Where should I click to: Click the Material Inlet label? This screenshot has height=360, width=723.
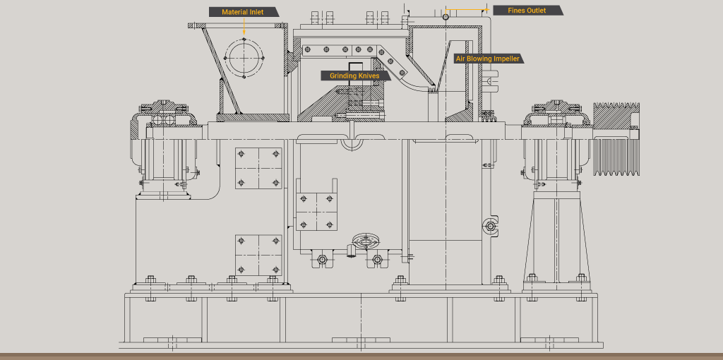[243, 12]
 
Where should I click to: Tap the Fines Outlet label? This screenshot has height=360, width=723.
[527, 11]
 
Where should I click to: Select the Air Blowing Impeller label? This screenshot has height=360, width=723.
[488, 59]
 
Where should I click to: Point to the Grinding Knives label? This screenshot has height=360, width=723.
[354, 76]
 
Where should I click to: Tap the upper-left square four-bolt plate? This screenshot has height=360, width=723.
[258, 168]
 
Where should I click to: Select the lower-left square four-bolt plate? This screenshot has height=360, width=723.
[258, 255]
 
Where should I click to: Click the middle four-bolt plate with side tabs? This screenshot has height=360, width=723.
[316, 210]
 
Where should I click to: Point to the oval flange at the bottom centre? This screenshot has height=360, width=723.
[365, 241]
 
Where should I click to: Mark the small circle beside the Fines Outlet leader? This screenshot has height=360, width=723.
[446, 16]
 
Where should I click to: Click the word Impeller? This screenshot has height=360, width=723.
[506, 59]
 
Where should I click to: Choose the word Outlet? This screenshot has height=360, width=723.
[536, 11]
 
